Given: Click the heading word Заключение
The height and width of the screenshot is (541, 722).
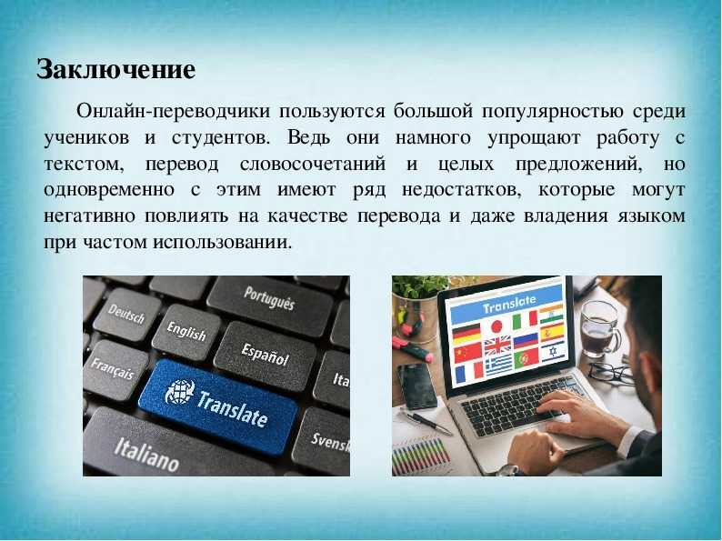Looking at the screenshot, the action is pos(116,70).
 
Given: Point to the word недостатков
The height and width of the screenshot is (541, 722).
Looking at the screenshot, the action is pos(461,190).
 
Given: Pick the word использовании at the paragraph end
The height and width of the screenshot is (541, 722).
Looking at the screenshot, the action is pos(223,243).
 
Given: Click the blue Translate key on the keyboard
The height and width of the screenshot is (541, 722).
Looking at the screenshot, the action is pos(218,405).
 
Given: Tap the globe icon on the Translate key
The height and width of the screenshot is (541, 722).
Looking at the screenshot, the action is pos(179,392).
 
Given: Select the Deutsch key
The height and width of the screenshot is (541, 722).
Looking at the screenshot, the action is pos(126,315).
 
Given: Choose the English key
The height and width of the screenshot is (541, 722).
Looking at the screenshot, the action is pos(186,332).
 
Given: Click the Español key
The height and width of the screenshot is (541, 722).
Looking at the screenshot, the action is pos(266,355).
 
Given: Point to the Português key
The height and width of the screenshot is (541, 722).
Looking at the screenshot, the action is pos(269,299).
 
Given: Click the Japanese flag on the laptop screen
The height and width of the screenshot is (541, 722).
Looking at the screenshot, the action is pos(496,326).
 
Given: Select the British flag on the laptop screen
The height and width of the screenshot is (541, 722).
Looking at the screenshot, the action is pos(497,345).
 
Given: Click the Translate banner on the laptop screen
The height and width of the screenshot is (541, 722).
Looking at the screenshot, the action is pos(506,304).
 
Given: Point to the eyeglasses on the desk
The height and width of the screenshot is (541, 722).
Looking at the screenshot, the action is pos(610,372).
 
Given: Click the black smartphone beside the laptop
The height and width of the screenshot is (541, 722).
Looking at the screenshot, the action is pos(417,386).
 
